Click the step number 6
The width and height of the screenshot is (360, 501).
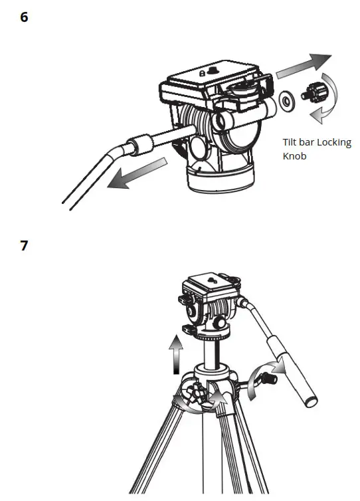coord(25,17)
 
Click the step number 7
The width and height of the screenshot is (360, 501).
coord(25,245)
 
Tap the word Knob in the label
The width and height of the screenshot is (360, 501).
coord(294,157)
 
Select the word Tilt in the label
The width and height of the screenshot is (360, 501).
coord(291,142)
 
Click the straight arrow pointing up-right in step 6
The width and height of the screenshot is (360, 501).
coord(304,64)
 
